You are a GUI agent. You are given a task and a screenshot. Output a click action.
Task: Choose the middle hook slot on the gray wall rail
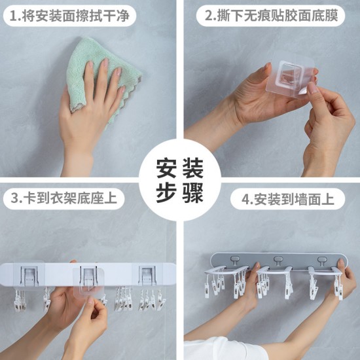[278, 260]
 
